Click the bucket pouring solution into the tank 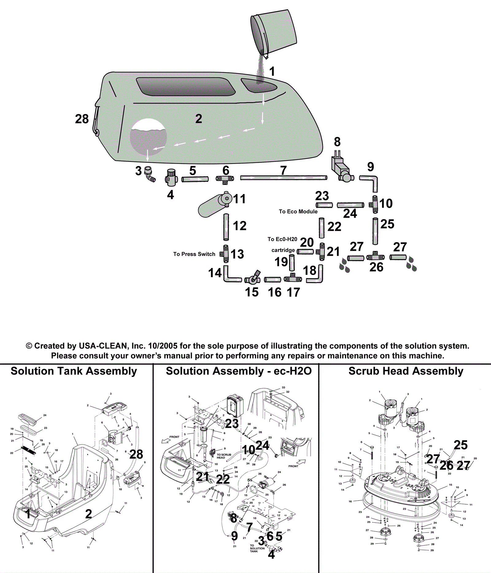coord(274,31)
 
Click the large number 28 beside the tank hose coord(82,119)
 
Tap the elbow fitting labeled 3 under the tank coord(150,174)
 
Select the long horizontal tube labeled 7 coord(283,178)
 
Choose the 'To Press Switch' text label coord(194,254)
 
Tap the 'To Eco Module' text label coord(298,211)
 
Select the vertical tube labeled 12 coord(226,227)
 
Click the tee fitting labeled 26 coord(375,257)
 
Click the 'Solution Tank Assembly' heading coord(74,371)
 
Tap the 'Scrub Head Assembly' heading coord(406,371)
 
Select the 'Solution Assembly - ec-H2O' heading coord(238,371)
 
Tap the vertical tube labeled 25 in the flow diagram coord(375,231)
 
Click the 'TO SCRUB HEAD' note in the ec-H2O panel coord(224,456)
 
